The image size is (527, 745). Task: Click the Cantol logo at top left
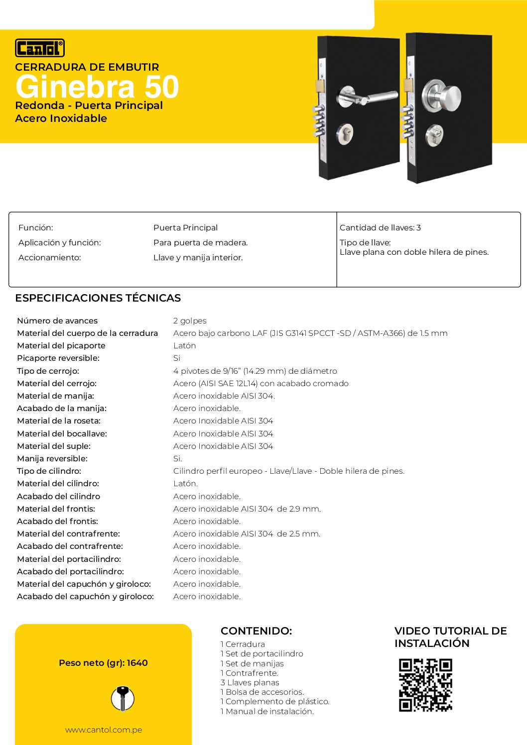[x=40, y=48]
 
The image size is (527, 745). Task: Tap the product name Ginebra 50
[x=97, y=87]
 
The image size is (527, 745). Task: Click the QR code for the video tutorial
[x=425, y=685]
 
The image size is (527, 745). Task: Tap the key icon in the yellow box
[x=122, y=698]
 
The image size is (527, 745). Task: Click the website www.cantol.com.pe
[x=104, y=730]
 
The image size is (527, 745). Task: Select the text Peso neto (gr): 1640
[x=103, y=663]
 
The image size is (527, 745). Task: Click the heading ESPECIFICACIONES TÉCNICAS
[x=98, y=298]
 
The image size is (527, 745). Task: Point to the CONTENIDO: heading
[x=256, y=631]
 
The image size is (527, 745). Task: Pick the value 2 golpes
[x=190, y=321]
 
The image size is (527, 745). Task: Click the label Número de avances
[x=57, y=321]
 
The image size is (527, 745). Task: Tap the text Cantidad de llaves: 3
[x=380, y=228]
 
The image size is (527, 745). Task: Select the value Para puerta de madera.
[x=200, y=243]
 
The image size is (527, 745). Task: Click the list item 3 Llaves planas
[x=250, y=683]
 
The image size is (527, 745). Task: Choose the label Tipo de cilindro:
[x=49, y=471]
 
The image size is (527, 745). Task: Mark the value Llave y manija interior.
[x=198, y=258]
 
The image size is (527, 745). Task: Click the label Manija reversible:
[x=52, y=459]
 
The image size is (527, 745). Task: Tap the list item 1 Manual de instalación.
[x=267, y=712]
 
